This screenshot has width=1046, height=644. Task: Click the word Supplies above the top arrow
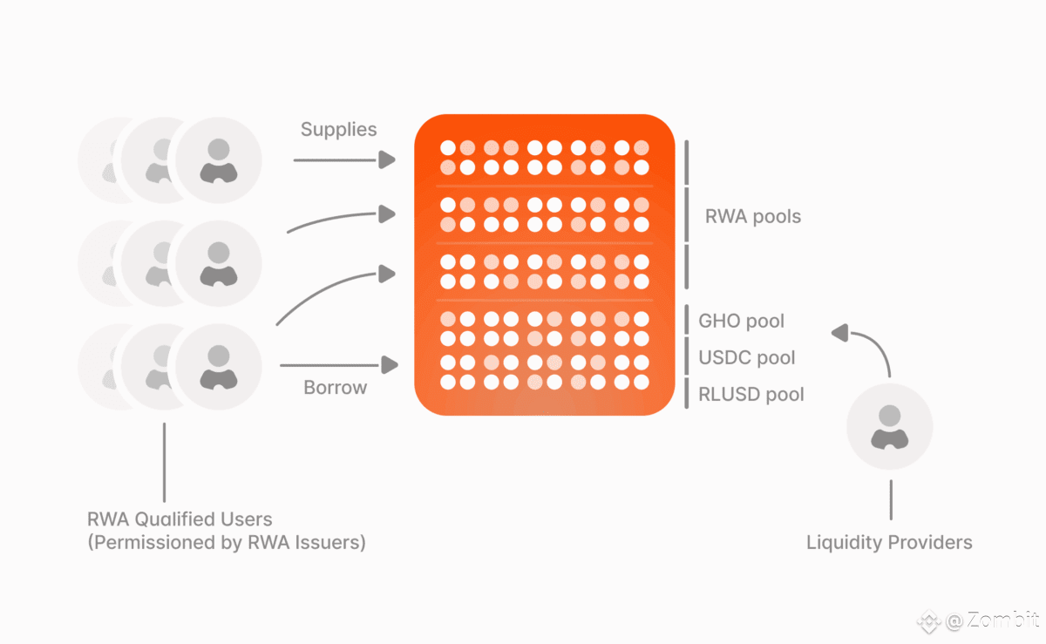pyautogui.click(x=338, y=129)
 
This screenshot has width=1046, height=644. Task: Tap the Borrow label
pyautogui.click(x=336, y=387)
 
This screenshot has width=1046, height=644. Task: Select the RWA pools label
pyautogui.click(x=753, y=216)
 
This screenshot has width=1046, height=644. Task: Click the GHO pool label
pyautogui.click(x=741, y=321)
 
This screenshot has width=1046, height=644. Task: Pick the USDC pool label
pyautogui.click(x=747, y=357)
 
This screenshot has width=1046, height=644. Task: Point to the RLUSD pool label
pyautogui.click(x=751, y=394)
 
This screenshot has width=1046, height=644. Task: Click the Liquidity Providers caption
pyautogui.click(x=889, y=542)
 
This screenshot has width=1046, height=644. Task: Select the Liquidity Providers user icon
pyautogui.click(x=890, y=426)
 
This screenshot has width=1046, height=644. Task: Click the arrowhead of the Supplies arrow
pyautogui.click(x=387, y=159)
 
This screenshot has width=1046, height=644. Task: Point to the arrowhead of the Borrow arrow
pyautogui.click(x=390, y=365)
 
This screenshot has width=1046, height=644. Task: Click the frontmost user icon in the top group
pyautogui.click(x=219, y=160)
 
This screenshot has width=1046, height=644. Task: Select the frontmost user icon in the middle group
pyautogui.click(x=219, y=263)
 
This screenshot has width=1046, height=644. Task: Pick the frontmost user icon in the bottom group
pyautogui.click(x=219, y=367)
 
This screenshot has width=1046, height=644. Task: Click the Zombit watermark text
pyautogui.click(x=1002, y=620)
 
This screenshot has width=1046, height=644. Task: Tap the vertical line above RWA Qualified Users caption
pyautogui.click(x=165, y=463)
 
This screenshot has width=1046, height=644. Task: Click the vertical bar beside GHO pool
pyautogui.click(x=687, y=320)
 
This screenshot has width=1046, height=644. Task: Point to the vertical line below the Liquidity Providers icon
pyautogui.click(x=891, y=499)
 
